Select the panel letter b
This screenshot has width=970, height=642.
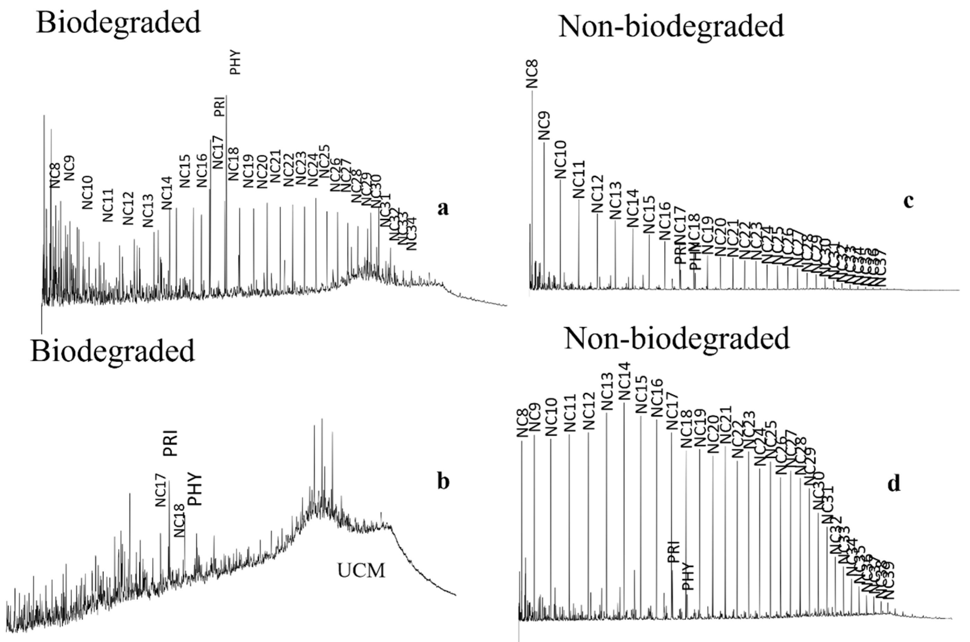pyautogui.click(x=443, y=481)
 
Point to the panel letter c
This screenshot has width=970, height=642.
pyautogui.click(x=908, y=201)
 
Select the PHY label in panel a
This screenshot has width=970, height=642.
pyautogui.click(x=235, y=62)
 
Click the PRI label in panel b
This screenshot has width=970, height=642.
pyautogui.click(x=170, y=443)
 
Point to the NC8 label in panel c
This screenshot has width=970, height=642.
pyautogui.click(x=532, y=74)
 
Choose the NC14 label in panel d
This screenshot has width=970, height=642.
pyautogui.click(x=625, y=381)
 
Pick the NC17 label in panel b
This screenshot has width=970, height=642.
pyautogui.click(x=161, y=490)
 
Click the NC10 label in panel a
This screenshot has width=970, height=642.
pyautogui.click(x=88, y=192)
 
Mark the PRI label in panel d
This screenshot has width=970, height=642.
pyautogui.click(x=674, y=551)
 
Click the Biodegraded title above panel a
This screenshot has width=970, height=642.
pyautogui.click(x=119, y=23)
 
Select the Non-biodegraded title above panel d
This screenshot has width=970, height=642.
pyautogui.click(x=677, y=338)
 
